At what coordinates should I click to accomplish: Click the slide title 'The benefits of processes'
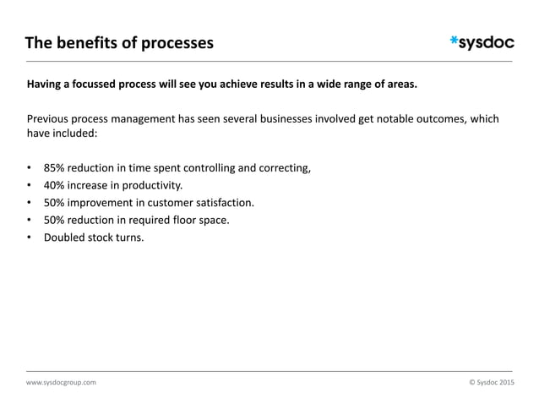(118, 42)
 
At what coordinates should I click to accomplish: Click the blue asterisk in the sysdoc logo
(455, 39)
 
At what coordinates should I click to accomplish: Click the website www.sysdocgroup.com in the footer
(61, 382)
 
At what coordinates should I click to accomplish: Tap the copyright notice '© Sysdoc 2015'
(490, 382)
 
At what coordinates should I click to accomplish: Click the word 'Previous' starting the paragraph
(51, 118)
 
